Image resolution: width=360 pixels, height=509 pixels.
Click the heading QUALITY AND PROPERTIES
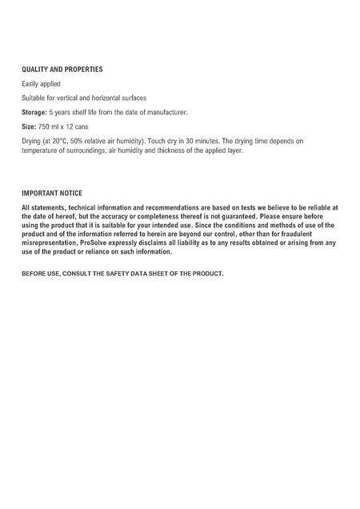pos(62,70)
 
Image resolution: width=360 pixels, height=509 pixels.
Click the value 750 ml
pos(49,126)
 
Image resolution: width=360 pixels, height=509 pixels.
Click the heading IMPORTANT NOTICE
pos(52,193)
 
